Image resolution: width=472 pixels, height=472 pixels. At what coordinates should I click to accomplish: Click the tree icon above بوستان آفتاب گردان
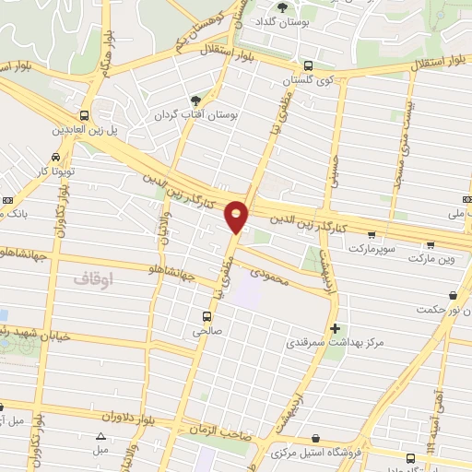[195, 100]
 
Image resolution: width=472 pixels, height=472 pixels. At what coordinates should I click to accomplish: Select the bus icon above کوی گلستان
[307, 65]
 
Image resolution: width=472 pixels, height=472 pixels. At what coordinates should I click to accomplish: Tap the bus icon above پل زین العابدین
[85, 115]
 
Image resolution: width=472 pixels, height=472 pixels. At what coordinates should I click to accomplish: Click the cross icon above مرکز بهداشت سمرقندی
[335, 327]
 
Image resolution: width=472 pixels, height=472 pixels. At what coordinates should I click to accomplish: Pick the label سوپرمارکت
[372, 249]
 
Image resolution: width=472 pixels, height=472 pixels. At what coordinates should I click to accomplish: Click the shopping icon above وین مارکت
[430, 245]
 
